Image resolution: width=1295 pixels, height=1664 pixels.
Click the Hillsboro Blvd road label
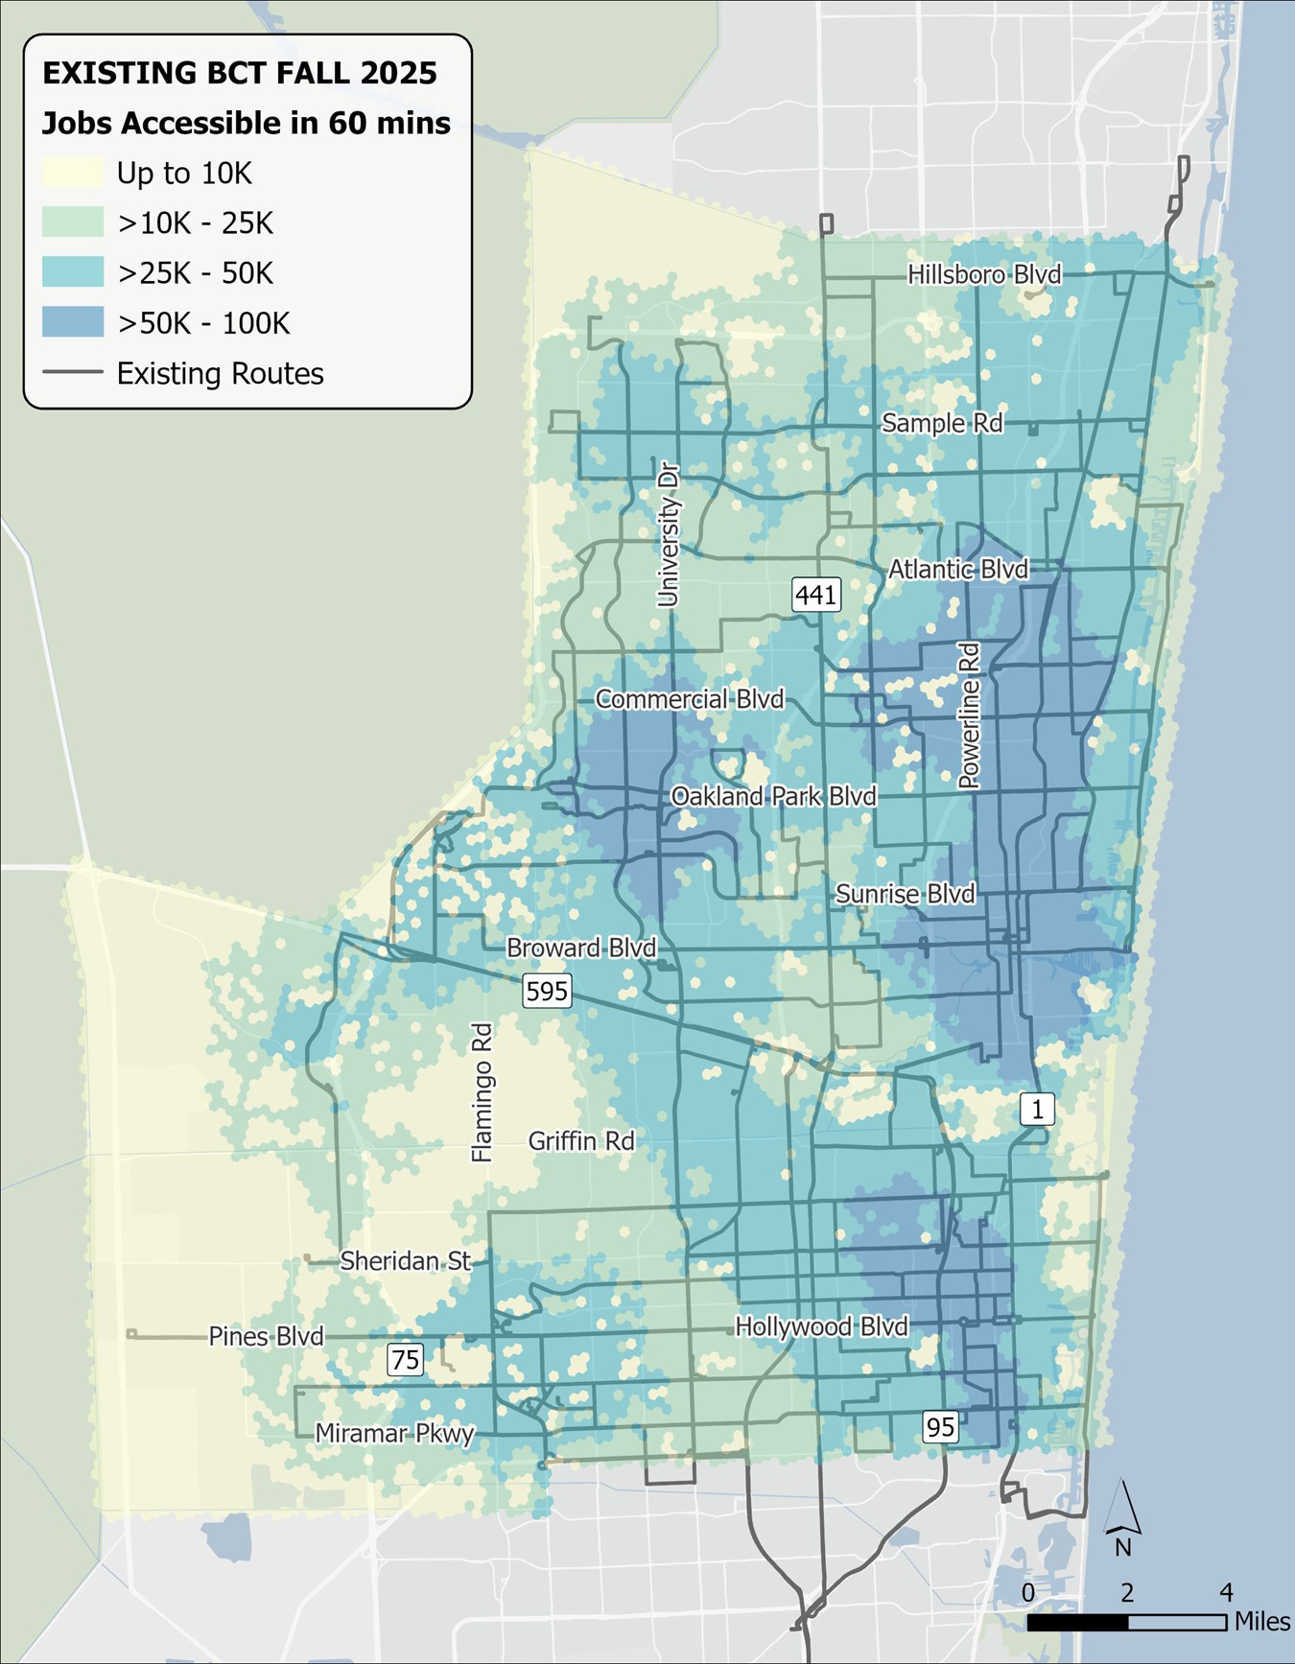(984, 275)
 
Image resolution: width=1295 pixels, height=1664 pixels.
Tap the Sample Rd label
(942, 423)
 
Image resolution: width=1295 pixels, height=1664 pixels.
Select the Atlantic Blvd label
(957, 570)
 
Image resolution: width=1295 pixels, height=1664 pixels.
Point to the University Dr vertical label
(669, 535)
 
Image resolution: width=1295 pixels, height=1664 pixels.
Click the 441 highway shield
(815, 595)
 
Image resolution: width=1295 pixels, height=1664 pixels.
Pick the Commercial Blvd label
(690, 699)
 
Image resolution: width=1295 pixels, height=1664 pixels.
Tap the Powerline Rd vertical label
(970, 715)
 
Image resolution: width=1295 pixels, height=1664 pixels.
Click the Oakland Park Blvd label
(773, 796)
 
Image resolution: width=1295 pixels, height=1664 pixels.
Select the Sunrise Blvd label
(905, 894)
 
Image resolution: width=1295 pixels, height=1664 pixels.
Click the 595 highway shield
(547, 991)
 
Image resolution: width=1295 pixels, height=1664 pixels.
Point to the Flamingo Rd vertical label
(482, 1092)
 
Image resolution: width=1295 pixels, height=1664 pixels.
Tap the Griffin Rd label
(581, 1141)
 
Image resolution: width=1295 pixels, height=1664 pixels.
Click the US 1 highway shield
(1036, 1110)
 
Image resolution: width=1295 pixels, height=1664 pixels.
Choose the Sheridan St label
(405, 1260)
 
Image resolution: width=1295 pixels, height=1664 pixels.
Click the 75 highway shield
(406, 1359)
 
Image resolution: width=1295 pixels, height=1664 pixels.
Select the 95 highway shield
(940, 1427)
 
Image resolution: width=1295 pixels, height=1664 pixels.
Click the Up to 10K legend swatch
(73, 173)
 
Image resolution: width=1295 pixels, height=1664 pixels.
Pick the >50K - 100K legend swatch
(73, 322)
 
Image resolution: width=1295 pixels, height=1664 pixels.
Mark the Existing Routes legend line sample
(73, 372)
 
